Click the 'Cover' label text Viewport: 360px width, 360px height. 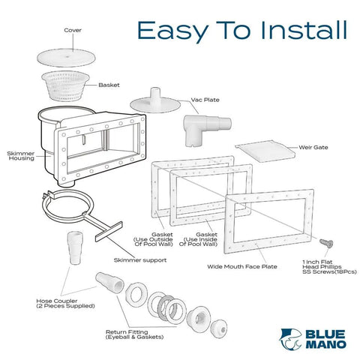pos(73,31)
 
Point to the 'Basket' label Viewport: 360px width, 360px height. pos(109,85)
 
